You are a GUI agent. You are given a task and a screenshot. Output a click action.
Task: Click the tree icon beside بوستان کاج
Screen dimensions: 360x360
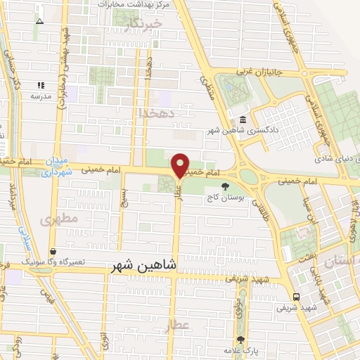click(224, 186)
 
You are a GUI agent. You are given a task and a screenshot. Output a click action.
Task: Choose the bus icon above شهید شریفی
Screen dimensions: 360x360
click(296, 297)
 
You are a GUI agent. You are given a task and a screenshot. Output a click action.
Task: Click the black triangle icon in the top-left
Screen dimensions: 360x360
click(39, 21)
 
